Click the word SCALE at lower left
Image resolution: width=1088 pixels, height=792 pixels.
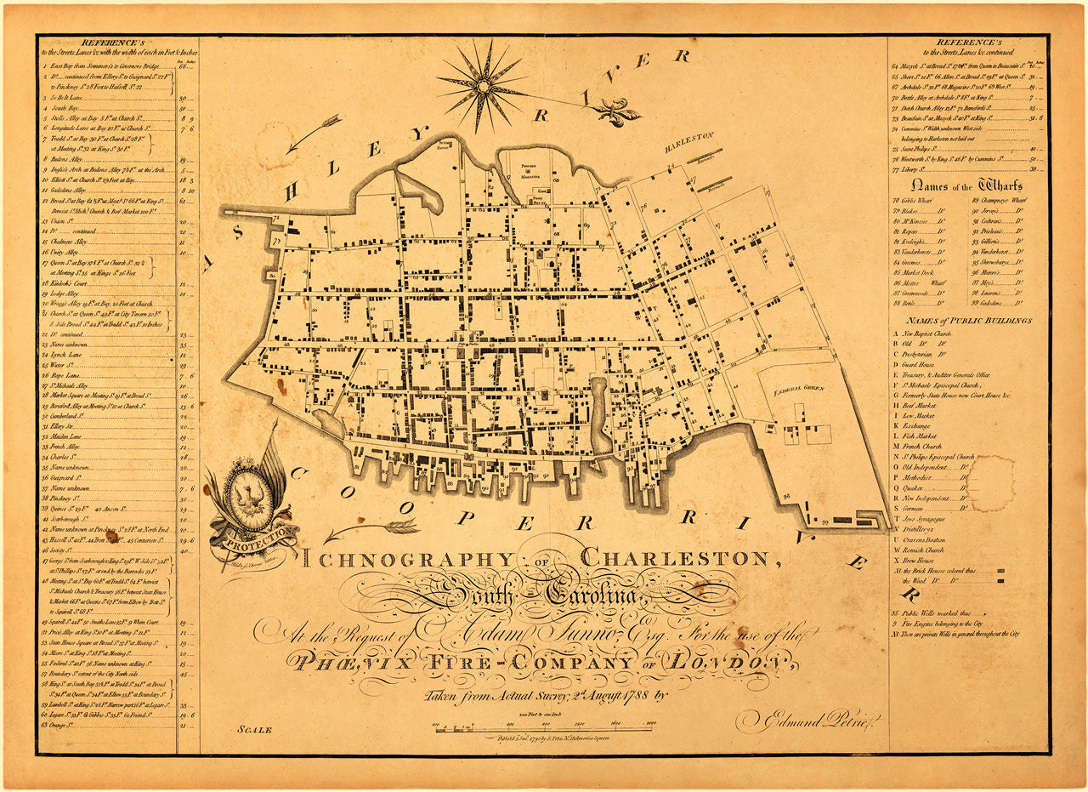255,730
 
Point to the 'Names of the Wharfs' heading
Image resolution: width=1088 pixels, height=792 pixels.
966,185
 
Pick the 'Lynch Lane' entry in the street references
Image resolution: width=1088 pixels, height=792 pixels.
69,355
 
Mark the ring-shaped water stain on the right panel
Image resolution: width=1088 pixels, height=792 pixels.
990,482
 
